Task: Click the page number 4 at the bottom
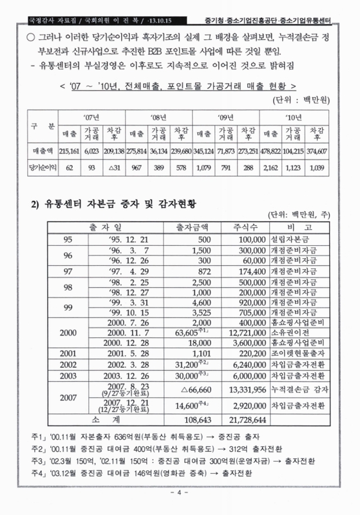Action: point(180,494)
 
